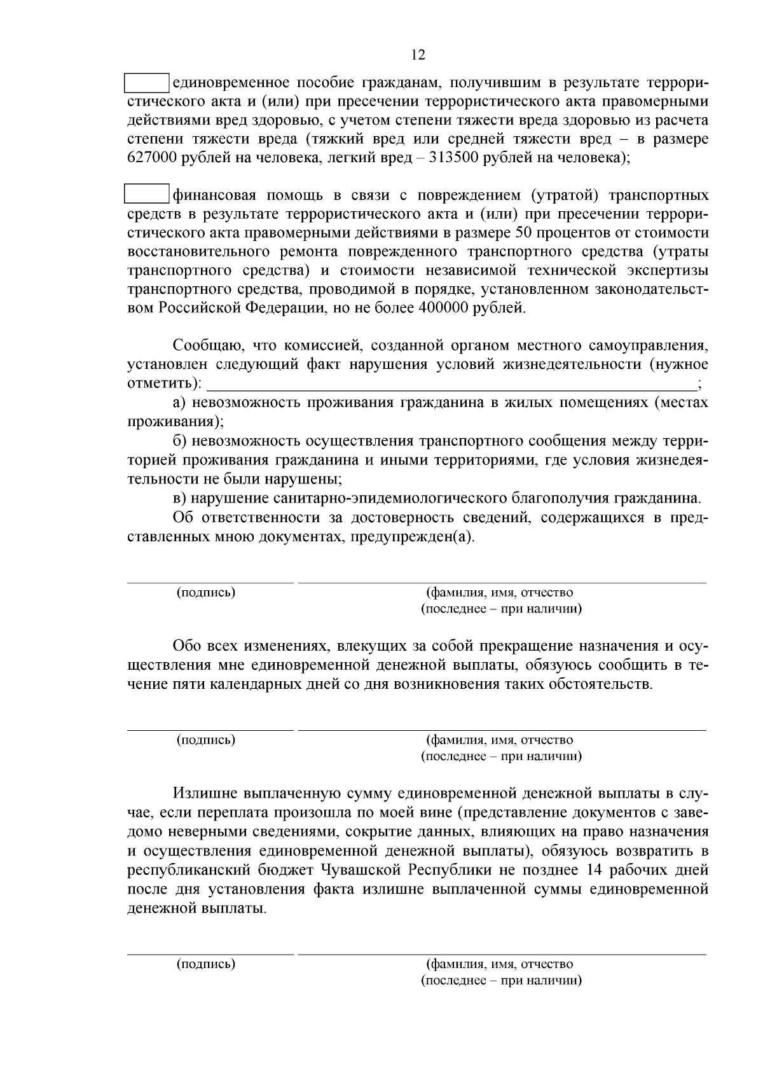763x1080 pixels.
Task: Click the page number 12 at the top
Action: tap(418, 55)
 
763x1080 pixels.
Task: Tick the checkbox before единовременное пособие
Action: tap(146, 83)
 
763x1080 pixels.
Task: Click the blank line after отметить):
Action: tap(451, 384)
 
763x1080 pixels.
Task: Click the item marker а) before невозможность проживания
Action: tap(179, 403)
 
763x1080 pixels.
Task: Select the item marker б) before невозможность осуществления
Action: tap(179, 441)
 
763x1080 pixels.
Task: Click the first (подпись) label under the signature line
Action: tap(206, 593)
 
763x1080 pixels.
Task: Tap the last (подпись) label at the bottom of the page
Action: tap(206, 964)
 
